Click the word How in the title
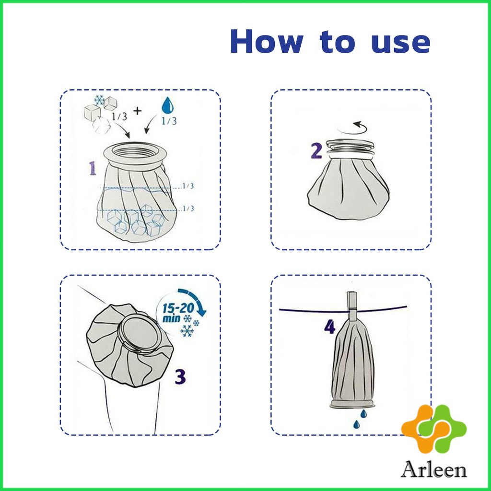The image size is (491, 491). [267, 41]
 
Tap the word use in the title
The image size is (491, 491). [400, 43]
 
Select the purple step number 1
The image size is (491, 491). [93, 168]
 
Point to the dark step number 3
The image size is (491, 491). [180, 377]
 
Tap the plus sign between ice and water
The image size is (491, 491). [137, 111]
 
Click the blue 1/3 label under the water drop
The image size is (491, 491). [169, 120]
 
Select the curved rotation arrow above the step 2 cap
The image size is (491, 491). [360, 127]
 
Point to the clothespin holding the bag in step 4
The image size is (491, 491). [352, 307]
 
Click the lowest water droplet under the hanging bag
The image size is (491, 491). [356, 424]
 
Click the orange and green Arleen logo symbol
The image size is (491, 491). [434, 428]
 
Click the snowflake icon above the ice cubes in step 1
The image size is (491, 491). [99, 100]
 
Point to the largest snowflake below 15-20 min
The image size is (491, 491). [187, 330]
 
